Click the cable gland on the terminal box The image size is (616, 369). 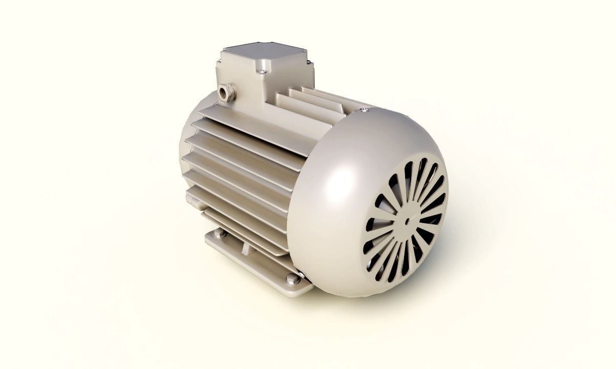[x=226, y=93]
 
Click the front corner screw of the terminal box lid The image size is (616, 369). [x=262, y=72]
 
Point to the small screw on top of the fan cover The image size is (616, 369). [x=365, y=109]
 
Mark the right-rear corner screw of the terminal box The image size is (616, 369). [x=309, y=63]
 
